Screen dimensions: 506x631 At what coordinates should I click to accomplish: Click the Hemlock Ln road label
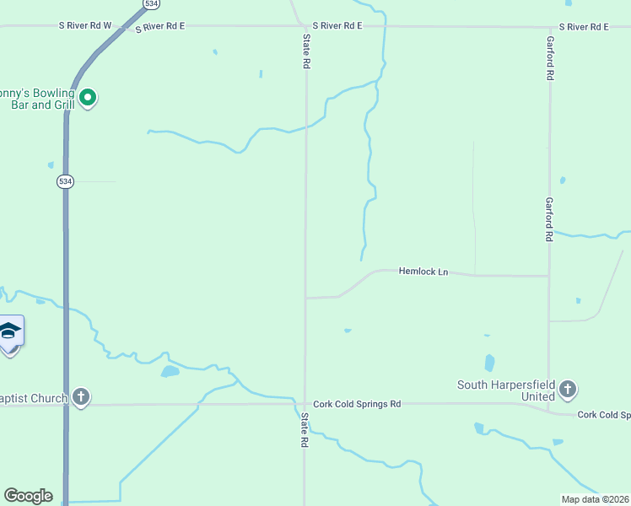point(423,272)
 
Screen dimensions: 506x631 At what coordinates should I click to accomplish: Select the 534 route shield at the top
point(151,4)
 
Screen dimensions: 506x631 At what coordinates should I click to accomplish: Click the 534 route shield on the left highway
point(65,181)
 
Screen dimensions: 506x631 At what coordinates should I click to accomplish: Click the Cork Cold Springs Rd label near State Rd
point(357,405)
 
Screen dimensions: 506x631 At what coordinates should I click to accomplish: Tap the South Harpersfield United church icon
point(568,389)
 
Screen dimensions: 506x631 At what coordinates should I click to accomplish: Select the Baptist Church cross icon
point(80,396)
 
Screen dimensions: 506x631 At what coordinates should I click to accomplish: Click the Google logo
point(28,496)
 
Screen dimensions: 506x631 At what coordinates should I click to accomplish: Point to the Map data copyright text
point(595,499)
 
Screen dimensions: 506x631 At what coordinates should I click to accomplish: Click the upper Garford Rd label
point(549,58)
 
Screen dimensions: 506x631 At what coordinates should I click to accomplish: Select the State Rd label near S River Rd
point(307,52)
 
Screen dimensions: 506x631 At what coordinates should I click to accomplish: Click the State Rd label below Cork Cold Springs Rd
point(304,430)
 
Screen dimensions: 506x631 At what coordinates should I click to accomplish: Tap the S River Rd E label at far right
point(584,27)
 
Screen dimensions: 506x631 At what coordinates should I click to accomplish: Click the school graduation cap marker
point(9,331)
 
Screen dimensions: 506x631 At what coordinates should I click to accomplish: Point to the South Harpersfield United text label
point(506,390)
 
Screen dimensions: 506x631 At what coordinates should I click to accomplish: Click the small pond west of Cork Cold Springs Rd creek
point(170,371)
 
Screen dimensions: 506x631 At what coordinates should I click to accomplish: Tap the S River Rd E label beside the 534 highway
point(159,27)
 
